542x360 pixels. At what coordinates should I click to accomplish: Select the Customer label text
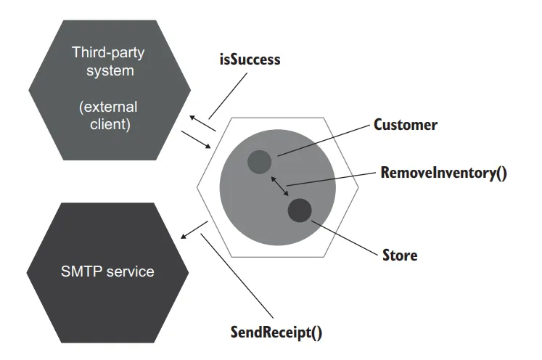(406, 125)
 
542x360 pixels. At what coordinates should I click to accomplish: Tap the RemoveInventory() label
(443, 173)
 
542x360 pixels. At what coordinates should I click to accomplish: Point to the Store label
(400, 255)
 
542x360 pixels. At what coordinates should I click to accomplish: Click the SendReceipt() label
(276, 333)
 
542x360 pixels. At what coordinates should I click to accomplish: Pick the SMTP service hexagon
(108, 271)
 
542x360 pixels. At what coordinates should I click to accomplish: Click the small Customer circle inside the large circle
(259, 161)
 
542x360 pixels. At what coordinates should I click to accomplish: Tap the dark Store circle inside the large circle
(300, 210)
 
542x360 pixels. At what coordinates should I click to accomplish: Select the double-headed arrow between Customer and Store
(279, 186)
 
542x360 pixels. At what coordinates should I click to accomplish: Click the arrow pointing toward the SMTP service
(194, 229)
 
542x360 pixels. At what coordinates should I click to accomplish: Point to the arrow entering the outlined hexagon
(203, 141)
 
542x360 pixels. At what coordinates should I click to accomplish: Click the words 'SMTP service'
(108, 271)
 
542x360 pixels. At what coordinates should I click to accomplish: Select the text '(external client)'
(108, 115)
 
